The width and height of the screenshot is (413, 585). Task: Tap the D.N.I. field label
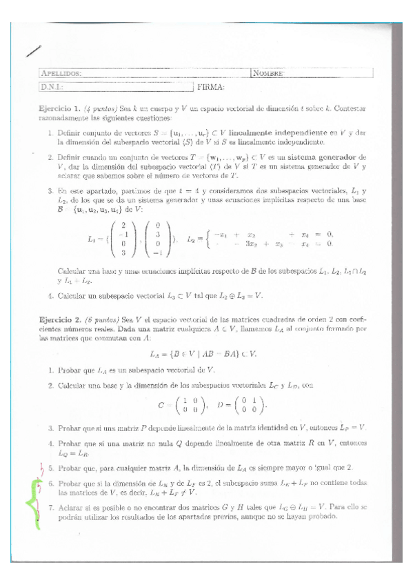[x=52, y=87]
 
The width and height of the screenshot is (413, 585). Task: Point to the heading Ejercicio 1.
[x=60, y=109]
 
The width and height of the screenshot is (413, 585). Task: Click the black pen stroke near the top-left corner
[x=32, y=49]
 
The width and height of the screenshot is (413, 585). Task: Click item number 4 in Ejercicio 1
[x=52, y=296]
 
